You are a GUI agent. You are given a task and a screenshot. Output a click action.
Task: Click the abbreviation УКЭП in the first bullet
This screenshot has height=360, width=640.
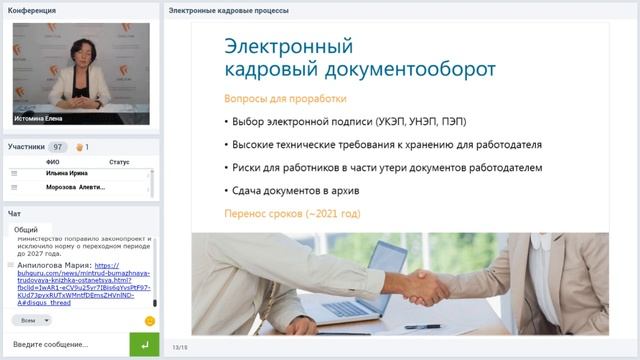[394, 122]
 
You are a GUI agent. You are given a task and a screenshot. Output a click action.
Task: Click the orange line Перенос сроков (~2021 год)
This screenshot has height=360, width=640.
[292, 214]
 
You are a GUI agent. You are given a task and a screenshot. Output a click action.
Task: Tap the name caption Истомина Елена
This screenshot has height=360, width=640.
[39, 118]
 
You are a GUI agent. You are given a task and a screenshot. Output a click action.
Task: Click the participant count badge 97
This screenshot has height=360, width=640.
[59, 147]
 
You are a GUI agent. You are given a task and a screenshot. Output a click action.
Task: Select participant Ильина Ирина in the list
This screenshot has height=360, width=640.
[69, 173]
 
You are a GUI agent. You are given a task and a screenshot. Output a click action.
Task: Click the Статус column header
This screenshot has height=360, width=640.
[119, 161]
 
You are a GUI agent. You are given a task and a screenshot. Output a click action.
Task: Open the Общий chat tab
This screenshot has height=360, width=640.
[27, 229]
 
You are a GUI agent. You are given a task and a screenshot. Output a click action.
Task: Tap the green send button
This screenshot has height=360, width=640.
[145, 344]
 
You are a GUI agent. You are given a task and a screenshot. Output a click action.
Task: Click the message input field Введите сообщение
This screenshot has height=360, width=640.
[65, 344]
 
